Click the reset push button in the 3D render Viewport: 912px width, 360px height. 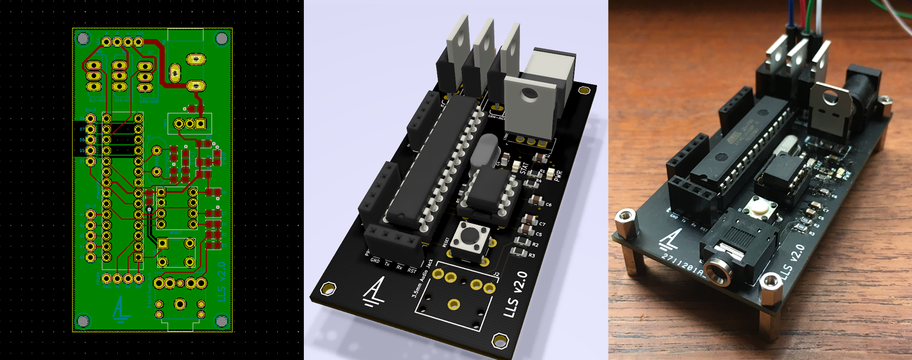(x=470, y=235)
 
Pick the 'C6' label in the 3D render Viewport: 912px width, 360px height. (x=548, y=205)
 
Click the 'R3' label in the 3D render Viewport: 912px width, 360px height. (x=532, y=256)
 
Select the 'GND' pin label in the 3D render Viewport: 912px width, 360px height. (x=375, y=261)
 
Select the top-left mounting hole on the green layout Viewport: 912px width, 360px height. (x=83, y=38)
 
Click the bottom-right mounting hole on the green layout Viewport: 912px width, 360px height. (x=222, y=321)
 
